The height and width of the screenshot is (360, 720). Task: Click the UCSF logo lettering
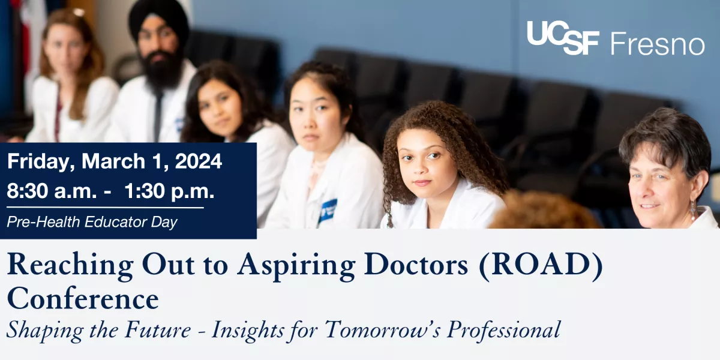click(563, 38)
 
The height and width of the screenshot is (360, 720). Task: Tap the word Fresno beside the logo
click(658, 43)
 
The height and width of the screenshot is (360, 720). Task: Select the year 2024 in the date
click(199, 161)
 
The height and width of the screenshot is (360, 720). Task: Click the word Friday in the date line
click(41, 161)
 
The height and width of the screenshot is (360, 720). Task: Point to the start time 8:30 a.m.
click(52, 191)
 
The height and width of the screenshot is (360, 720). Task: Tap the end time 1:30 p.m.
click(169, 191)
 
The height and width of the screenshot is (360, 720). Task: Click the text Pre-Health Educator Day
click(92, 222)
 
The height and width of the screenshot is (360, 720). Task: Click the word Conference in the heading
click(83, 299)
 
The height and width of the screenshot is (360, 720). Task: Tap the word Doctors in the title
click(416, 265)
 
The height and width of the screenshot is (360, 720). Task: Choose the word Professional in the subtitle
click(504, 330)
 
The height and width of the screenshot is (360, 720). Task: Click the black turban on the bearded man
click(159, 17)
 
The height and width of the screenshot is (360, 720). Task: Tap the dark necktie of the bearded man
click(158, 116)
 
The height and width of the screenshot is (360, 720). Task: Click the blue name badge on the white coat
click(327, 210)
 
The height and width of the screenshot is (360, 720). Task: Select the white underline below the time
click(105, 208)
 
